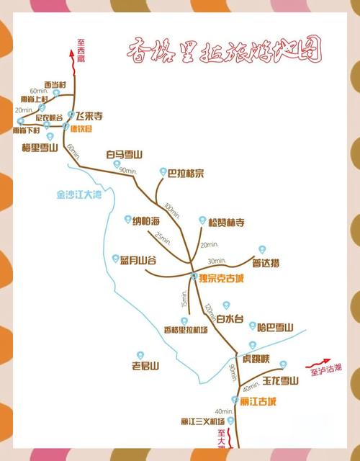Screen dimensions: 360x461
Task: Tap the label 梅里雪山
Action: [x=40, y=148]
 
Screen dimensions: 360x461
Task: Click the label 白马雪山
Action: [x=125, y=154]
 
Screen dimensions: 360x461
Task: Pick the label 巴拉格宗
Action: [x=186, y=173]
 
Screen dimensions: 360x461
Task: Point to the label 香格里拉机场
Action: [x=186, y=330]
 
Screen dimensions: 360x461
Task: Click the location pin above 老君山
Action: [x=140, y=355]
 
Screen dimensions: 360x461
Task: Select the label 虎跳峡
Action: [x=256, y=359]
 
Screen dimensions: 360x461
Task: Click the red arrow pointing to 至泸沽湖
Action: [x=321, y=364]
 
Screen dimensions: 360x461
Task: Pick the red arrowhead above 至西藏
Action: [x=71, y=52]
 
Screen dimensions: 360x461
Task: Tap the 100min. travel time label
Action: [x=171, y=210]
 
